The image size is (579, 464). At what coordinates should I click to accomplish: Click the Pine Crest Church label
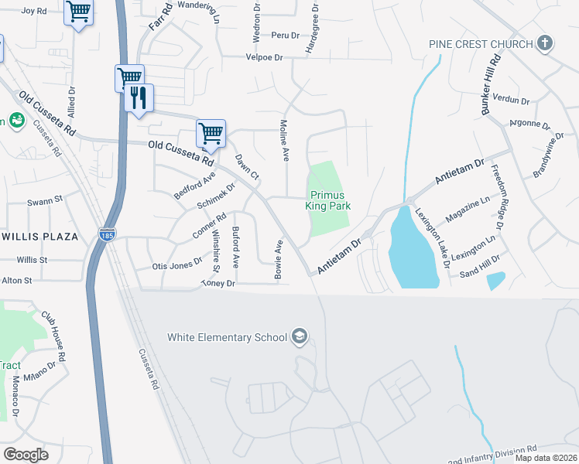[x=481, y=44]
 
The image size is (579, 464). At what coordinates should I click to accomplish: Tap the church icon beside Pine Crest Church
[x=545, y=43]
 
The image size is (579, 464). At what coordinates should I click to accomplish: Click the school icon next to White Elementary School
[x=300, y=336]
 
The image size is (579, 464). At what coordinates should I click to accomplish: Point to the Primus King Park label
[x=331, y=200]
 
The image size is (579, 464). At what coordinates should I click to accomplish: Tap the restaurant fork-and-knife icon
[x=139, y=97]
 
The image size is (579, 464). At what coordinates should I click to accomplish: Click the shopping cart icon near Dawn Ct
[x=211, y=133]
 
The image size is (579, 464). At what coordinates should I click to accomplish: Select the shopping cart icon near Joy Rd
[x=77, y=12]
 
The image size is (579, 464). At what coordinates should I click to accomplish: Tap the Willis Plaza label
[x=39, y=236]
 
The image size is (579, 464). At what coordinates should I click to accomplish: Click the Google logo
[x=26, y=455]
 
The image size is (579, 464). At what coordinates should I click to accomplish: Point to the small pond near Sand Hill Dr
[x=496, y=280]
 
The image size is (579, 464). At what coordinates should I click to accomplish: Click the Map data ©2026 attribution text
[x=546, y=458]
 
